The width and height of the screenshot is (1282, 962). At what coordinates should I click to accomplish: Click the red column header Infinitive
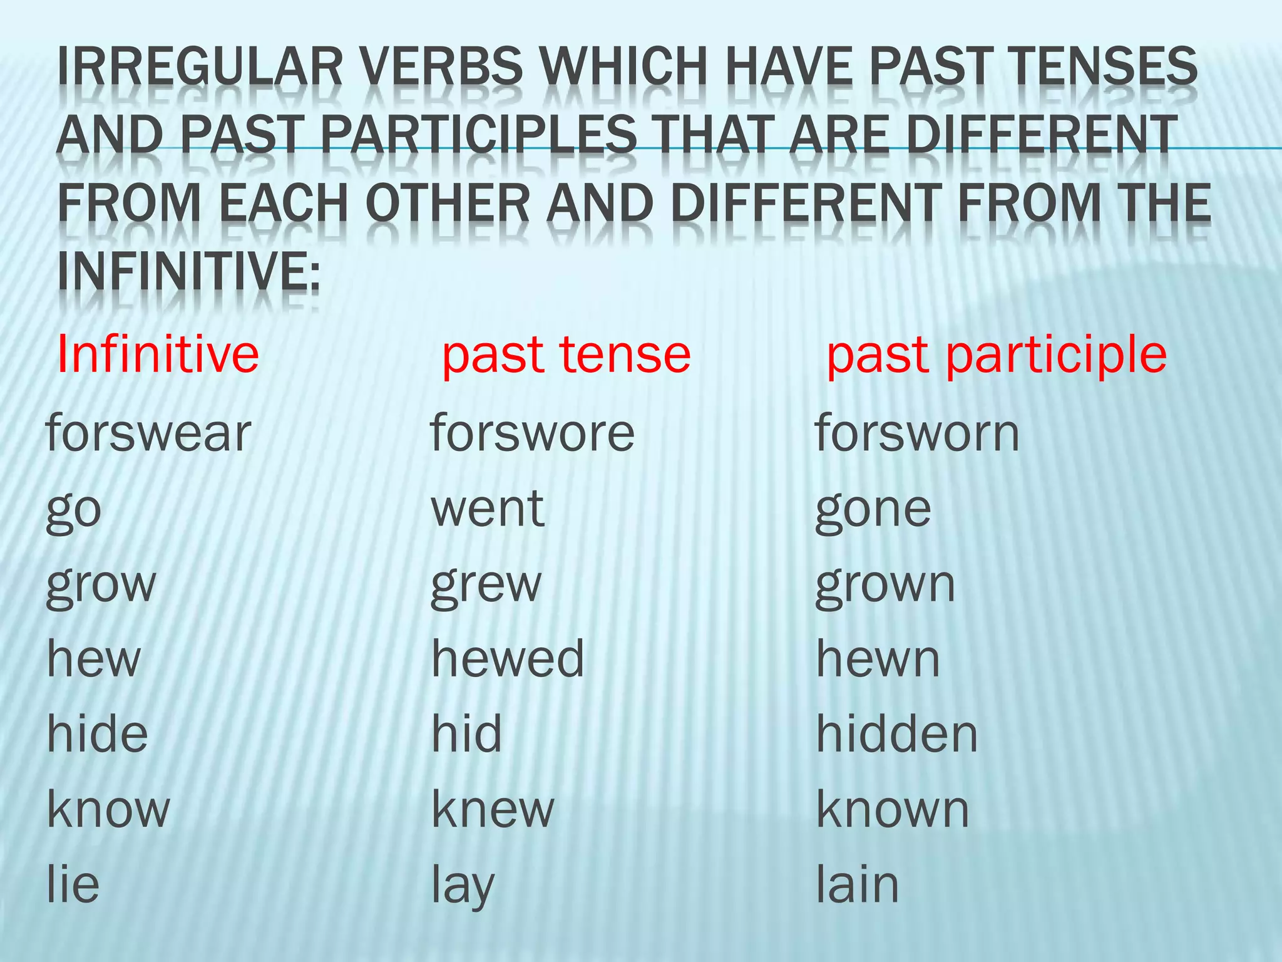click(158, 354)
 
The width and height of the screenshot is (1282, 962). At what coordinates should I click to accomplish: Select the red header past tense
click(566, 354)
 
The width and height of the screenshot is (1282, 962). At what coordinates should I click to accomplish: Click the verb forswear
click(148, 433)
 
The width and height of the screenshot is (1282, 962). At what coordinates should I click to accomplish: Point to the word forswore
click(533, 433)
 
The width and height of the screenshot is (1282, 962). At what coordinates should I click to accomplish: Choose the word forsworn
click(917, 433)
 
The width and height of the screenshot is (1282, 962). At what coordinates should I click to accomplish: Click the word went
click(488, 509)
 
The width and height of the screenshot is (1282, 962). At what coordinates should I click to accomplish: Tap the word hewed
click(508, 659)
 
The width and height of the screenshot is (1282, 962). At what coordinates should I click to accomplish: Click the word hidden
click(897, 734)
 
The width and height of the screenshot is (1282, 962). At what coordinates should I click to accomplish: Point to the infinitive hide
click(98, 734)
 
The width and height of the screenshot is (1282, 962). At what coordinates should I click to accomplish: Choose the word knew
click(493, 809)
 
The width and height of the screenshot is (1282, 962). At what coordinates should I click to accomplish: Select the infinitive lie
click(73, 884)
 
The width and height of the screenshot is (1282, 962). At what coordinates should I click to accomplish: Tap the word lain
click(858, 884)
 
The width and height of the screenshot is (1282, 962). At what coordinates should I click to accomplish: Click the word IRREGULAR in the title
click(200, 67)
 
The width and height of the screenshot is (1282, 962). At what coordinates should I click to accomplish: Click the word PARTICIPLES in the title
click(479, 136)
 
